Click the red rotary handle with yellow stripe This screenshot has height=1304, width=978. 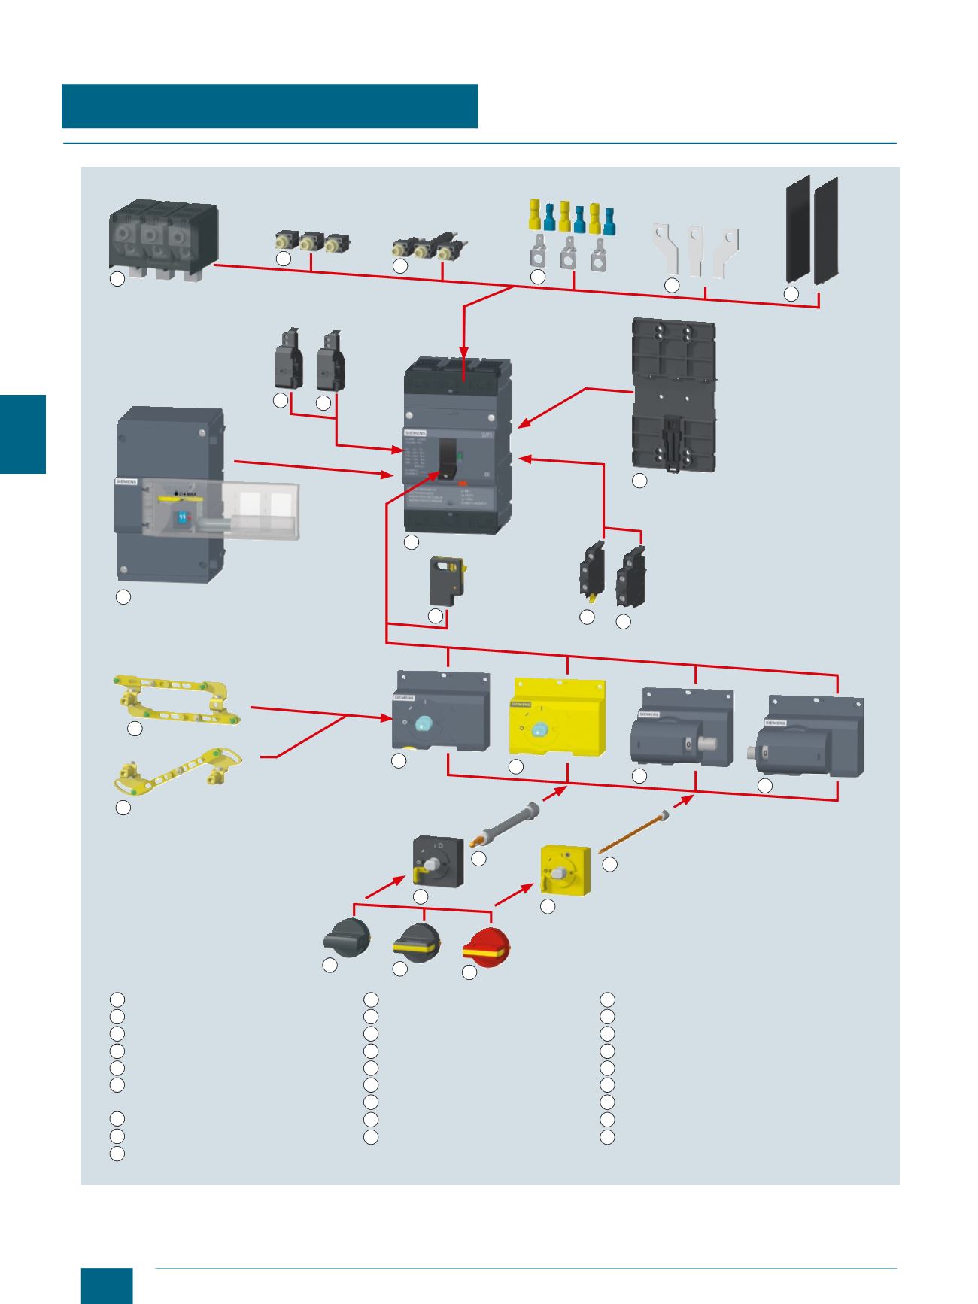[488, 946]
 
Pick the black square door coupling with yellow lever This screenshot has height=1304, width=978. [438, 862]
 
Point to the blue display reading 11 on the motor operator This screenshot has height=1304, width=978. [182, 517]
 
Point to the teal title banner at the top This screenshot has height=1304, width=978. [270, 106]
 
